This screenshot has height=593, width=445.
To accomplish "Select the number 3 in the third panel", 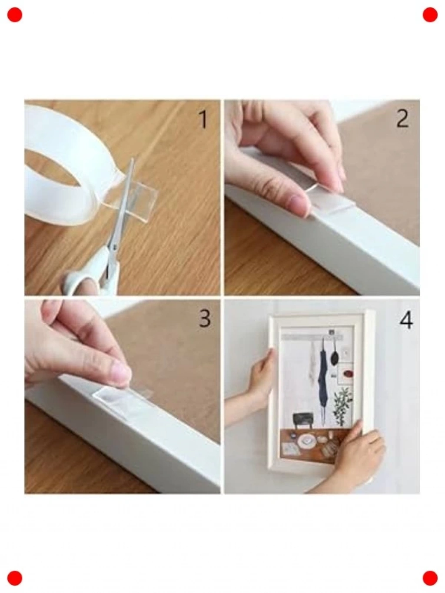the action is (x=204, y=318).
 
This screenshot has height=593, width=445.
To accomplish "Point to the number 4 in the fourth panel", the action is (x=406, y=319).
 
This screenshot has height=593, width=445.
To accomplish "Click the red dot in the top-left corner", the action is (x=15, y=15).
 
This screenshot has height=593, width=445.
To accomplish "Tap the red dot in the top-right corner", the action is (x=430, y=15).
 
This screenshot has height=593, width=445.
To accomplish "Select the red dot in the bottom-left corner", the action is (x=15, y=578).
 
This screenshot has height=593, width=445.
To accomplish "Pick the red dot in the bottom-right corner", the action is (x=430, y=578).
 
